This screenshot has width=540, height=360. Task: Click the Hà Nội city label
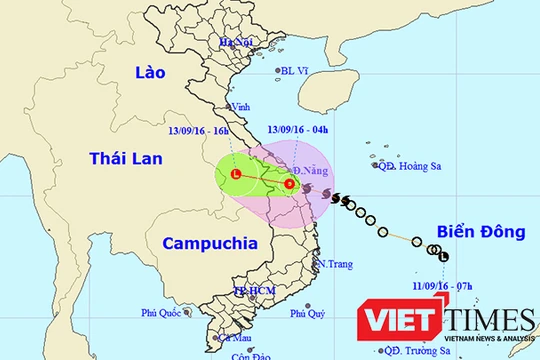(237, 42)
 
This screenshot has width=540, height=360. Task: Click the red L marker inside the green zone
(236, 174)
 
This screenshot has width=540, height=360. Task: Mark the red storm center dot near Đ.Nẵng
(289, 183)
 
